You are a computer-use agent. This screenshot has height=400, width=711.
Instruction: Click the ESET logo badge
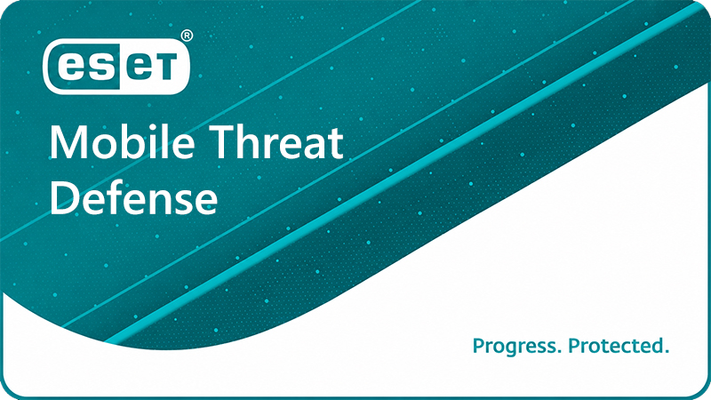(x=116, y=67)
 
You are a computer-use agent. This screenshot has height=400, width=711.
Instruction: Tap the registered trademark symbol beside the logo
(x=187, y=36)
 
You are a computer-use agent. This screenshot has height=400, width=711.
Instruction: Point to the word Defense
(x=133, y=197)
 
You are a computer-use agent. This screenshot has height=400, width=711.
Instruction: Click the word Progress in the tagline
(x=514, y=346)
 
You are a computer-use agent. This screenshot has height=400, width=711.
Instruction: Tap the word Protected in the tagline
(x=616, y=346)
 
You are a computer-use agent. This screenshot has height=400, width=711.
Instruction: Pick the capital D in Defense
(x=63, y=197)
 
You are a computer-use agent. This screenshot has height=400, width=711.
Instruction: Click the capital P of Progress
(x=478, y=346)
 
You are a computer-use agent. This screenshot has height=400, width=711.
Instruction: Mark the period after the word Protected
(x=667, y=352)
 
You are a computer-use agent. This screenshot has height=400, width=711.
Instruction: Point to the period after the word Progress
(x=558, y=352)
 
